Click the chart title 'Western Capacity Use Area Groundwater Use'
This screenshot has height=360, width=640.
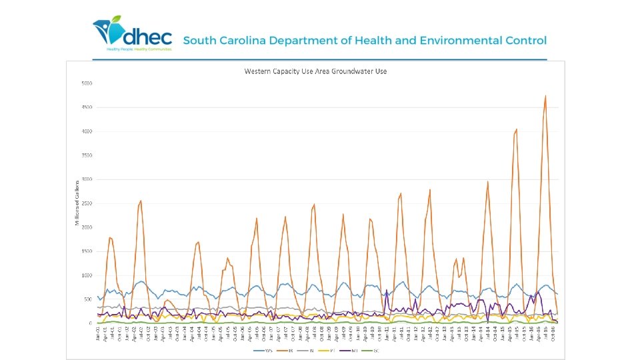tap(315, 71)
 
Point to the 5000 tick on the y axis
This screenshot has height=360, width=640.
tap(87, 83)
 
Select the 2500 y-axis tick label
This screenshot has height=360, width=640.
tap(87, 203)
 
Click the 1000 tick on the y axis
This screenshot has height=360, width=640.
tap(87, 275)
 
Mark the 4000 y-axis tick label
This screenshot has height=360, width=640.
tap(87, 131)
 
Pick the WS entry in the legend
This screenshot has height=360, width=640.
tap(264, 350)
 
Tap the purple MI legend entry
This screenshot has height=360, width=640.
tap(353, 350)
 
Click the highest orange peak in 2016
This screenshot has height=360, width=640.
tap(545, 96)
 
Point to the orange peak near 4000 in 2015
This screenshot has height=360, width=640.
tap(517, 129)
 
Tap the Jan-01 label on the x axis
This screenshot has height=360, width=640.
tap(97, 335)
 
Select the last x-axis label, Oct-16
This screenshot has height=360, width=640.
tap(556, 335)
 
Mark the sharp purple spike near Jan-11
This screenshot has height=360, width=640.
tap(387, 290)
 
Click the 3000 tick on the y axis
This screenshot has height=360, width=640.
tap(87, 179)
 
